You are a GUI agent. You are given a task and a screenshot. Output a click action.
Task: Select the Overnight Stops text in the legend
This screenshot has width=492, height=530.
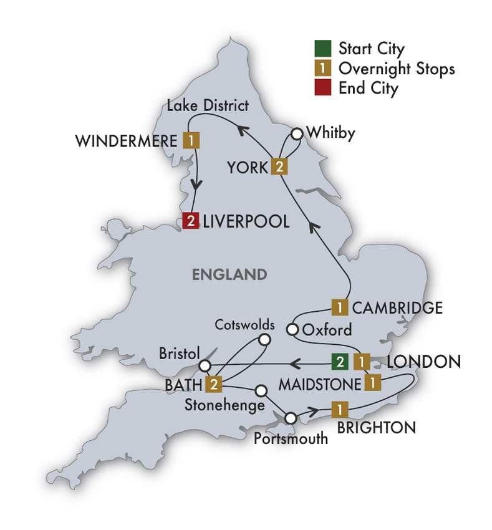click(397, 68)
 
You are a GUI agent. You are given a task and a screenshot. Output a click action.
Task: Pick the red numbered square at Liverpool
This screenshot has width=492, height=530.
click(190, 221)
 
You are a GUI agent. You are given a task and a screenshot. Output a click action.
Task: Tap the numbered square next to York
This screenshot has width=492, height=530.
click(279, 166)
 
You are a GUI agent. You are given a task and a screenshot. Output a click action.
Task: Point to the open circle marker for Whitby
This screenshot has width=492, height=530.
click(297, 133)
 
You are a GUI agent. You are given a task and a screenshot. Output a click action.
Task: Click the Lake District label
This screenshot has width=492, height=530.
click(207, 105)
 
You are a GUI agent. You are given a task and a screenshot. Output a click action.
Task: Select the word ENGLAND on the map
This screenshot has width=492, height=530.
click(229, 274)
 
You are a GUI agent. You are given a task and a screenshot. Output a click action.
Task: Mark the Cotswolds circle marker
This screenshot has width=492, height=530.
click(264, 340)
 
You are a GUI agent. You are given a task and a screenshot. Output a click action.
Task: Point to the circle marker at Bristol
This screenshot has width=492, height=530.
click(203, 365)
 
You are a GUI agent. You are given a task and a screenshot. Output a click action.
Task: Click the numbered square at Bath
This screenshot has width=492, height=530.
click(215, 383)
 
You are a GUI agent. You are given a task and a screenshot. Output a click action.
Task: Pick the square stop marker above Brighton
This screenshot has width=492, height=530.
click(339, 410)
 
